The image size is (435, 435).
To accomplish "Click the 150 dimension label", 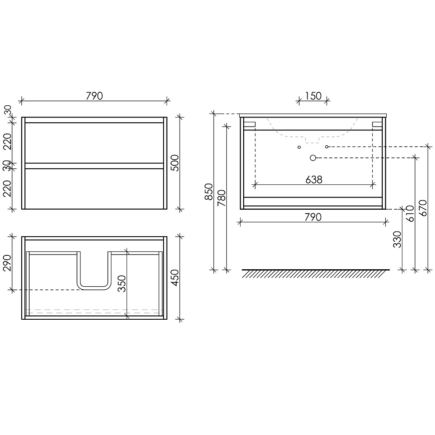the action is click(313, 96).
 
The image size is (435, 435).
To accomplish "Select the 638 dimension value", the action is click(314, 180).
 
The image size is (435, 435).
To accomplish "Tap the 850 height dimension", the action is click(209, 192).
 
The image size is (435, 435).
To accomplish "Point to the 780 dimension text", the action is click(222, 198).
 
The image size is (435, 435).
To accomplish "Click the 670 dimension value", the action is click(423, 208).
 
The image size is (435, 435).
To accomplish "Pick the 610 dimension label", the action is click(410, 214).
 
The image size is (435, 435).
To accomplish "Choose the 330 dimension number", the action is click(397, 239).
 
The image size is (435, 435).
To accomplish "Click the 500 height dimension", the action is click(175, 163).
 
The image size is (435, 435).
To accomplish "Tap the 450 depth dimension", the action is click(175, 278).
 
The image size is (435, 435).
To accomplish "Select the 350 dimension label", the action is click(121, 284).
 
